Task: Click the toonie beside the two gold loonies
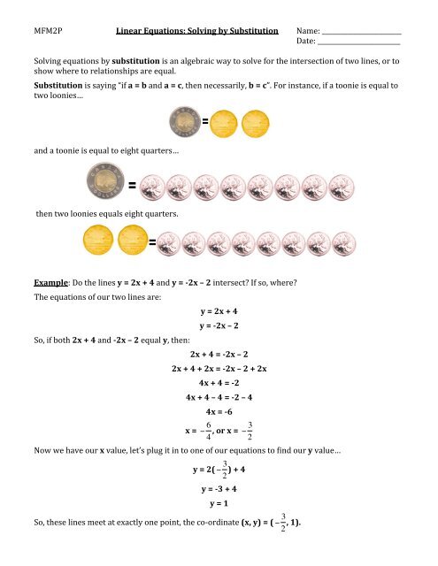183,121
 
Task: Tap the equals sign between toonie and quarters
131,187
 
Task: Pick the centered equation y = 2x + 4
219,312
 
